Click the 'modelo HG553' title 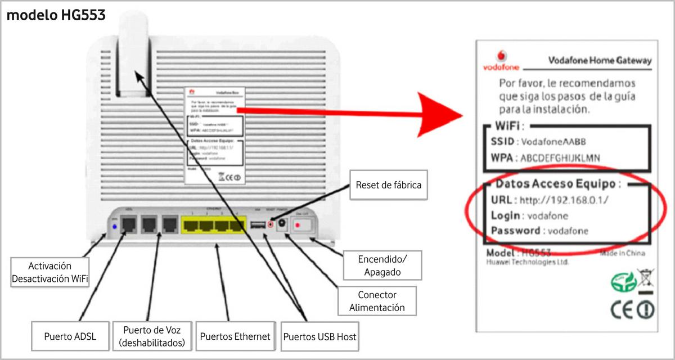tap(56, 16)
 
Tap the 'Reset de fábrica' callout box tap(389, 184)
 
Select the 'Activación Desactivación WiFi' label tap(50, 272)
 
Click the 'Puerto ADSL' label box tap(70, 336)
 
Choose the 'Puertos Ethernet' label tap(235, 336)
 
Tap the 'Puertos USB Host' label tap(320, 337)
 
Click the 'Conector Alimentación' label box tap(377, 301)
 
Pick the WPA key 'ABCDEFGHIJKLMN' tap(560, 158)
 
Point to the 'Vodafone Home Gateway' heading tap(599, 60)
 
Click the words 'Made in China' tap(622, 253)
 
